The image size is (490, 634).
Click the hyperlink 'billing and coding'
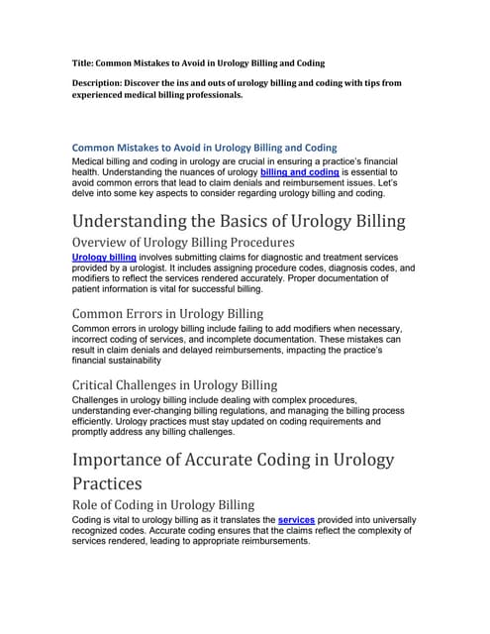300,171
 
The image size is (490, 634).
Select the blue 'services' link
299,519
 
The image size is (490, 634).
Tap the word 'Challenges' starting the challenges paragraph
97,399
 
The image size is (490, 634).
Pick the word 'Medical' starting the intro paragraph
90,160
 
